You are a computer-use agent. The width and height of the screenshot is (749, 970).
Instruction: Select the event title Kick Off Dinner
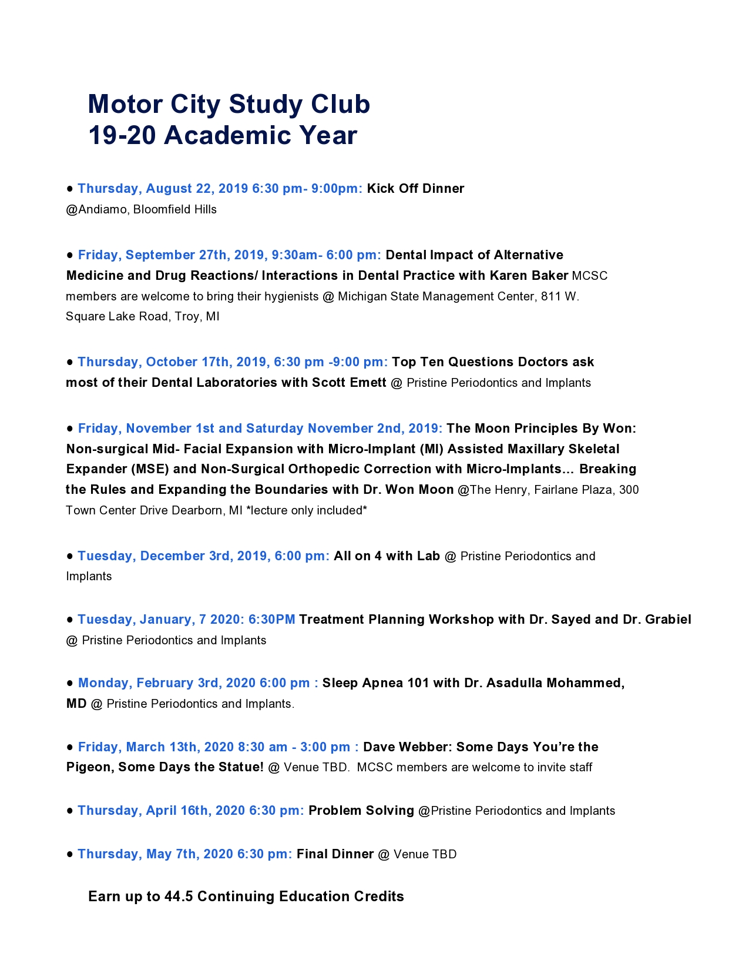click(415, 189)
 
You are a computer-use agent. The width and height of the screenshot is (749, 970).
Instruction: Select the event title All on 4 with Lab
click(387, 556)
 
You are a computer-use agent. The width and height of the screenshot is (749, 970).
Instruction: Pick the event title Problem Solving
click(361, 811)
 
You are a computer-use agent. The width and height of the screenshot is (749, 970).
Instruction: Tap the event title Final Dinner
click(335, 854)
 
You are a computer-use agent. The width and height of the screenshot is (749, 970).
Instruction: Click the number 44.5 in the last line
click(179, 897)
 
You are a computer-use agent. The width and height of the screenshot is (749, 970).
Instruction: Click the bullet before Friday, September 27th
click(70, 255)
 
